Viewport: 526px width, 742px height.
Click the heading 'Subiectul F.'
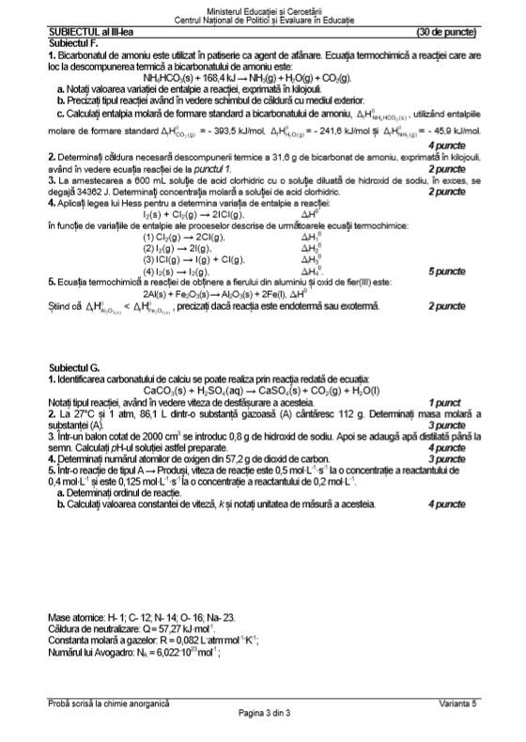pos(73,42)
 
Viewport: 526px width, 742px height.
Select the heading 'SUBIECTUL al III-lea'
pos(90,31)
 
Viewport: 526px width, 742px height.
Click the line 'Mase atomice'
pos(140,617)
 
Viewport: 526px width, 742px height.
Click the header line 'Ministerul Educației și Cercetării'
pos(262,8)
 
